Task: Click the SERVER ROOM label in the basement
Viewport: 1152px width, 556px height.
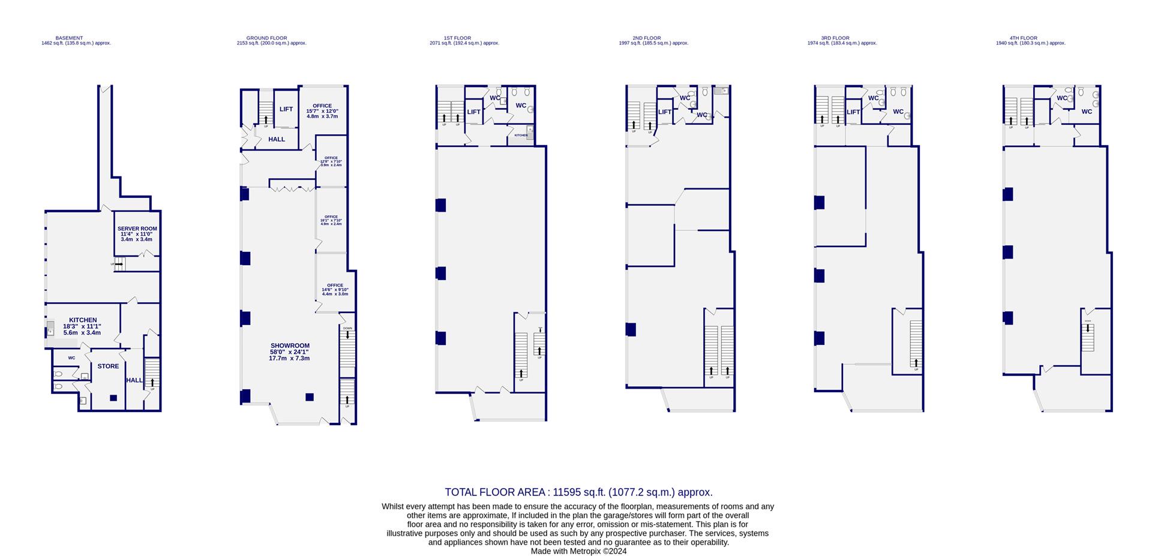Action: (137, 229)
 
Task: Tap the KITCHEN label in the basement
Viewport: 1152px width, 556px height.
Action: (83, 320)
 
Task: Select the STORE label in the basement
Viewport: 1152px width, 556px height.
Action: (108, 366)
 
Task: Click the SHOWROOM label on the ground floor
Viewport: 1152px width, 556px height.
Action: (290, 345)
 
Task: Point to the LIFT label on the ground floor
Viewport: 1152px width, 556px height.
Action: (286, 109)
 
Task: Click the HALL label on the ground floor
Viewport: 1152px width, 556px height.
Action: (277, 139)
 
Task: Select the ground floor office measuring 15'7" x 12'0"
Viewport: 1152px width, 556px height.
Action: (322, 111)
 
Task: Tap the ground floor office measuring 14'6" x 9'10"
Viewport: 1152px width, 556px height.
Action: (335, 289)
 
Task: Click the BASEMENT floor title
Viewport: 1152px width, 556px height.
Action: (69, 38)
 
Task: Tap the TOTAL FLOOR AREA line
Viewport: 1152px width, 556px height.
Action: (578, 492)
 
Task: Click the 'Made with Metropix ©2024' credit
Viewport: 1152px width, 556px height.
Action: (578, 551)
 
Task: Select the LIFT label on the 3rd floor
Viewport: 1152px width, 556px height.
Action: (853, 112)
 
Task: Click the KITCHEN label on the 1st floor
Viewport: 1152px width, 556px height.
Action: (521, 136)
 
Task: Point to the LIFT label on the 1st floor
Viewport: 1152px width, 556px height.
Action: (474, 112)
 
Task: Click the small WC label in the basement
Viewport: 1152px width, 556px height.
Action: (71, 358)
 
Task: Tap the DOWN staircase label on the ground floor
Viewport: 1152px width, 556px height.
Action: (347, 328)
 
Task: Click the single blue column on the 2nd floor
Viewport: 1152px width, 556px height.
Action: (631, 329)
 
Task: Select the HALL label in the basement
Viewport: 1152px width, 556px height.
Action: (134, 380)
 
